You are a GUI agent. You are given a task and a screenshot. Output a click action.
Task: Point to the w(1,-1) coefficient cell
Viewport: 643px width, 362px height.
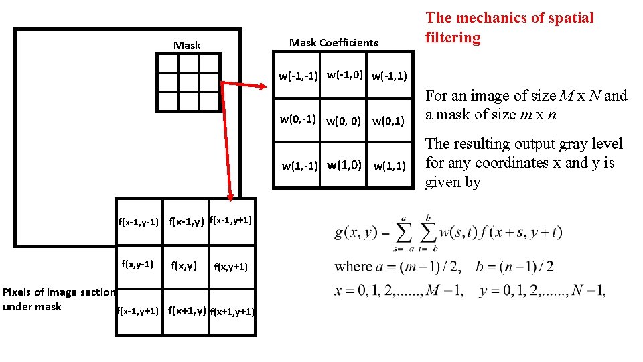coord(299,166)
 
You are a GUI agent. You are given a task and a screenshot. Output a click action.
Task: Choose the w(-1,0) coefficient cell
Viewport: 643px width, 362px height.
coord(344,74)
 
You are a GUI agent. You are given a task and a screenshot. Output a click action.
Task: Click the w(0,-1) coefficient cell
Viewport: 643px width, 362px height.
coord(298,120)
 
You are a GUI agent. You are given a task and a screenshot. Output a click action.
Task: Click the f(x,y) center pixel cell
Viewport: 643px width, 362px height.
coord(184,266)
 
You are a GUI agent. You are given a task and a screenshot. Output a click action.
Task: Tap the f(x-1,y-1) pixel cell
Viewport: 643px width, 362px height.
coord(139,221)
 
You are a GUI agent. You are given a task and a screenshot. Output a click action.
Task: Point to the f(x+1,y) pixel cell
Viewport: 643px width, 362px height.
coord(187,310)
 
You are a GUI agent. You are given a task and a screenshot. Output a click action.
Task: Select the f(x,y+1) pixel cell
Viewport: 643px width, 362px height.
coord(230,267)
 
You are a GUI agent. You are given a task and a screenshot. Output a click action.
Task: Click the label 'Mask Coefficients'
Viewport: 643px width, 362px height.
coord(334,43)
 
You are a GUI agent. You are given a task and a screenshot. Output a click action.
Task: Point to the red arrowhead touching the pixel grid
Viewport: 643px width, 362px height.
coord(230,197)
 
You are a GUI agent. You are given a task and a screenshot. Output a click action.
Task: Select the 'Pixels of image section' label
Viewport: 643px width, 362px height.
coord(59,292)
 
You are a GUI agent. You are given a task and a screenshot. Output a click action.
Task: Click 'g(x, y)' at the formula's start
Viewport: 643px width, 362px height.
coord(358,232)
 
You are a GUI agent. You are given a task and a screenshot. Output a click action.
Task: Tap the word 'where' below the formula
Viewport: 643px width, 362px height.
coord(353,266)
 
